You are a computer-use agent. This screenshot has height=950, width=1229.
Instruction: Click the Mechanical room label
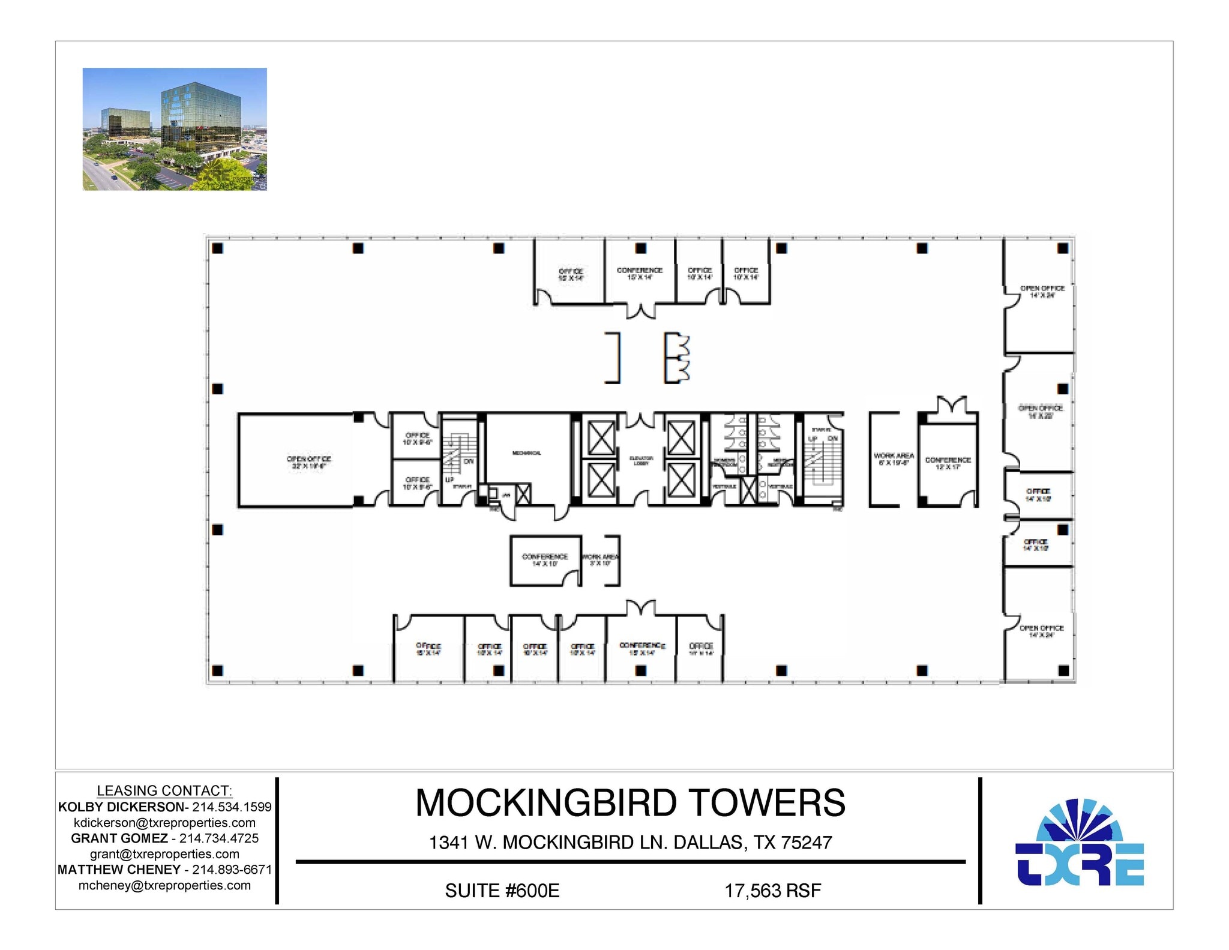[x=526, y=453]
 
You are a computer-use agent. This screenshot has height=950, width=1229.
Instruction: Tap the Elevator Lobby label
[x=641, y=460]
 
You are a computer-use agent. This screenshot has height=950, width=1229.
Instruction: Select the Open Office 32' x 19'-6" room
[x=308, y=462]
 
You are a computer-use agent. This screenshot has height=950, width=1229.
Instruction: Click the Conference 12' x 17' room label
[x=948, y=463]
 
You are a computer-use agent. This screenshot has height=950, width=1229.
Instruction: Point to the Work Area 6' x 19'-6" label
[x=894, y=459]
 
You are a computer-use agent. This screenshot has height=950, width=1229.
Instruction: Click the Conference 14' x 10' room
[x=544, y=560]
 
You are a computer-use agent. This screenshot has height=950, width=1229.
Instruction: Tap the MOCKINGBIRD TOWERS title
[x=630, y=802]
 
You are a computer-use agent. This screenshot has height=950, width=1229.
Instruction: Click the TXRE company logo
[x=1079, y=843]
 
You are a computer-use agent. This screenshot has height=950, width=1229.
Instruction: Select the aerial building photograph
[x=175, y=129]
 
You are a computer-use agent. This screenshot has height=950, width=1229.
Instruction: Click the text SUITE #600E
[x=502, y=891]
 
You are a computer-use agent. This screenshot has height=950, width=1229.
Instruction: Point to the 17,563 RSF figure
[x=772, y=891]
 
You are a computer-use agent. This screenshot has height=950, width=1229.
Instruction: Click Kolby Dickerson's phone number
[x=232, y=807]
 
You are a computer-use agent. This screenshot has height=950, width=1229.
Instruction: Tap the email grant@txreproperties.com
[x=164, y=854]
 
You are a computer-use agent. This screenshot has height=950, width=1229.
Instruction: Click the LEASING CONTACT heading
[x=164, y=790]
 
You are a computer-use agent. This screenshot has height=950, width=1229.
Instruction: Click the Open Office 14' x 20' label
[x=1040, y=412]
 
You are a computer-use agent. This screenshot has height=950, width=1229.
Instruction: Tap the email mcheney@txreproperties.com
[x=164, y=885]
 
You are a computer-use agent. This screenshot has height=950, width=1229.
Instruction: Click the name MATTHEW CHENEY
[x=119, y=870]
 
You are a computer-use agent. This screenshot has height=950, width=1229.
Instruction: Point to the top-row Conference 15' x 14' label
[x=639, y=274]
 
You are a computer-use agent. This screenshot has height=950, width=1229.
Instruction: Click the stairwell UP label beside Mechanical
[x=449, y=480]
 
